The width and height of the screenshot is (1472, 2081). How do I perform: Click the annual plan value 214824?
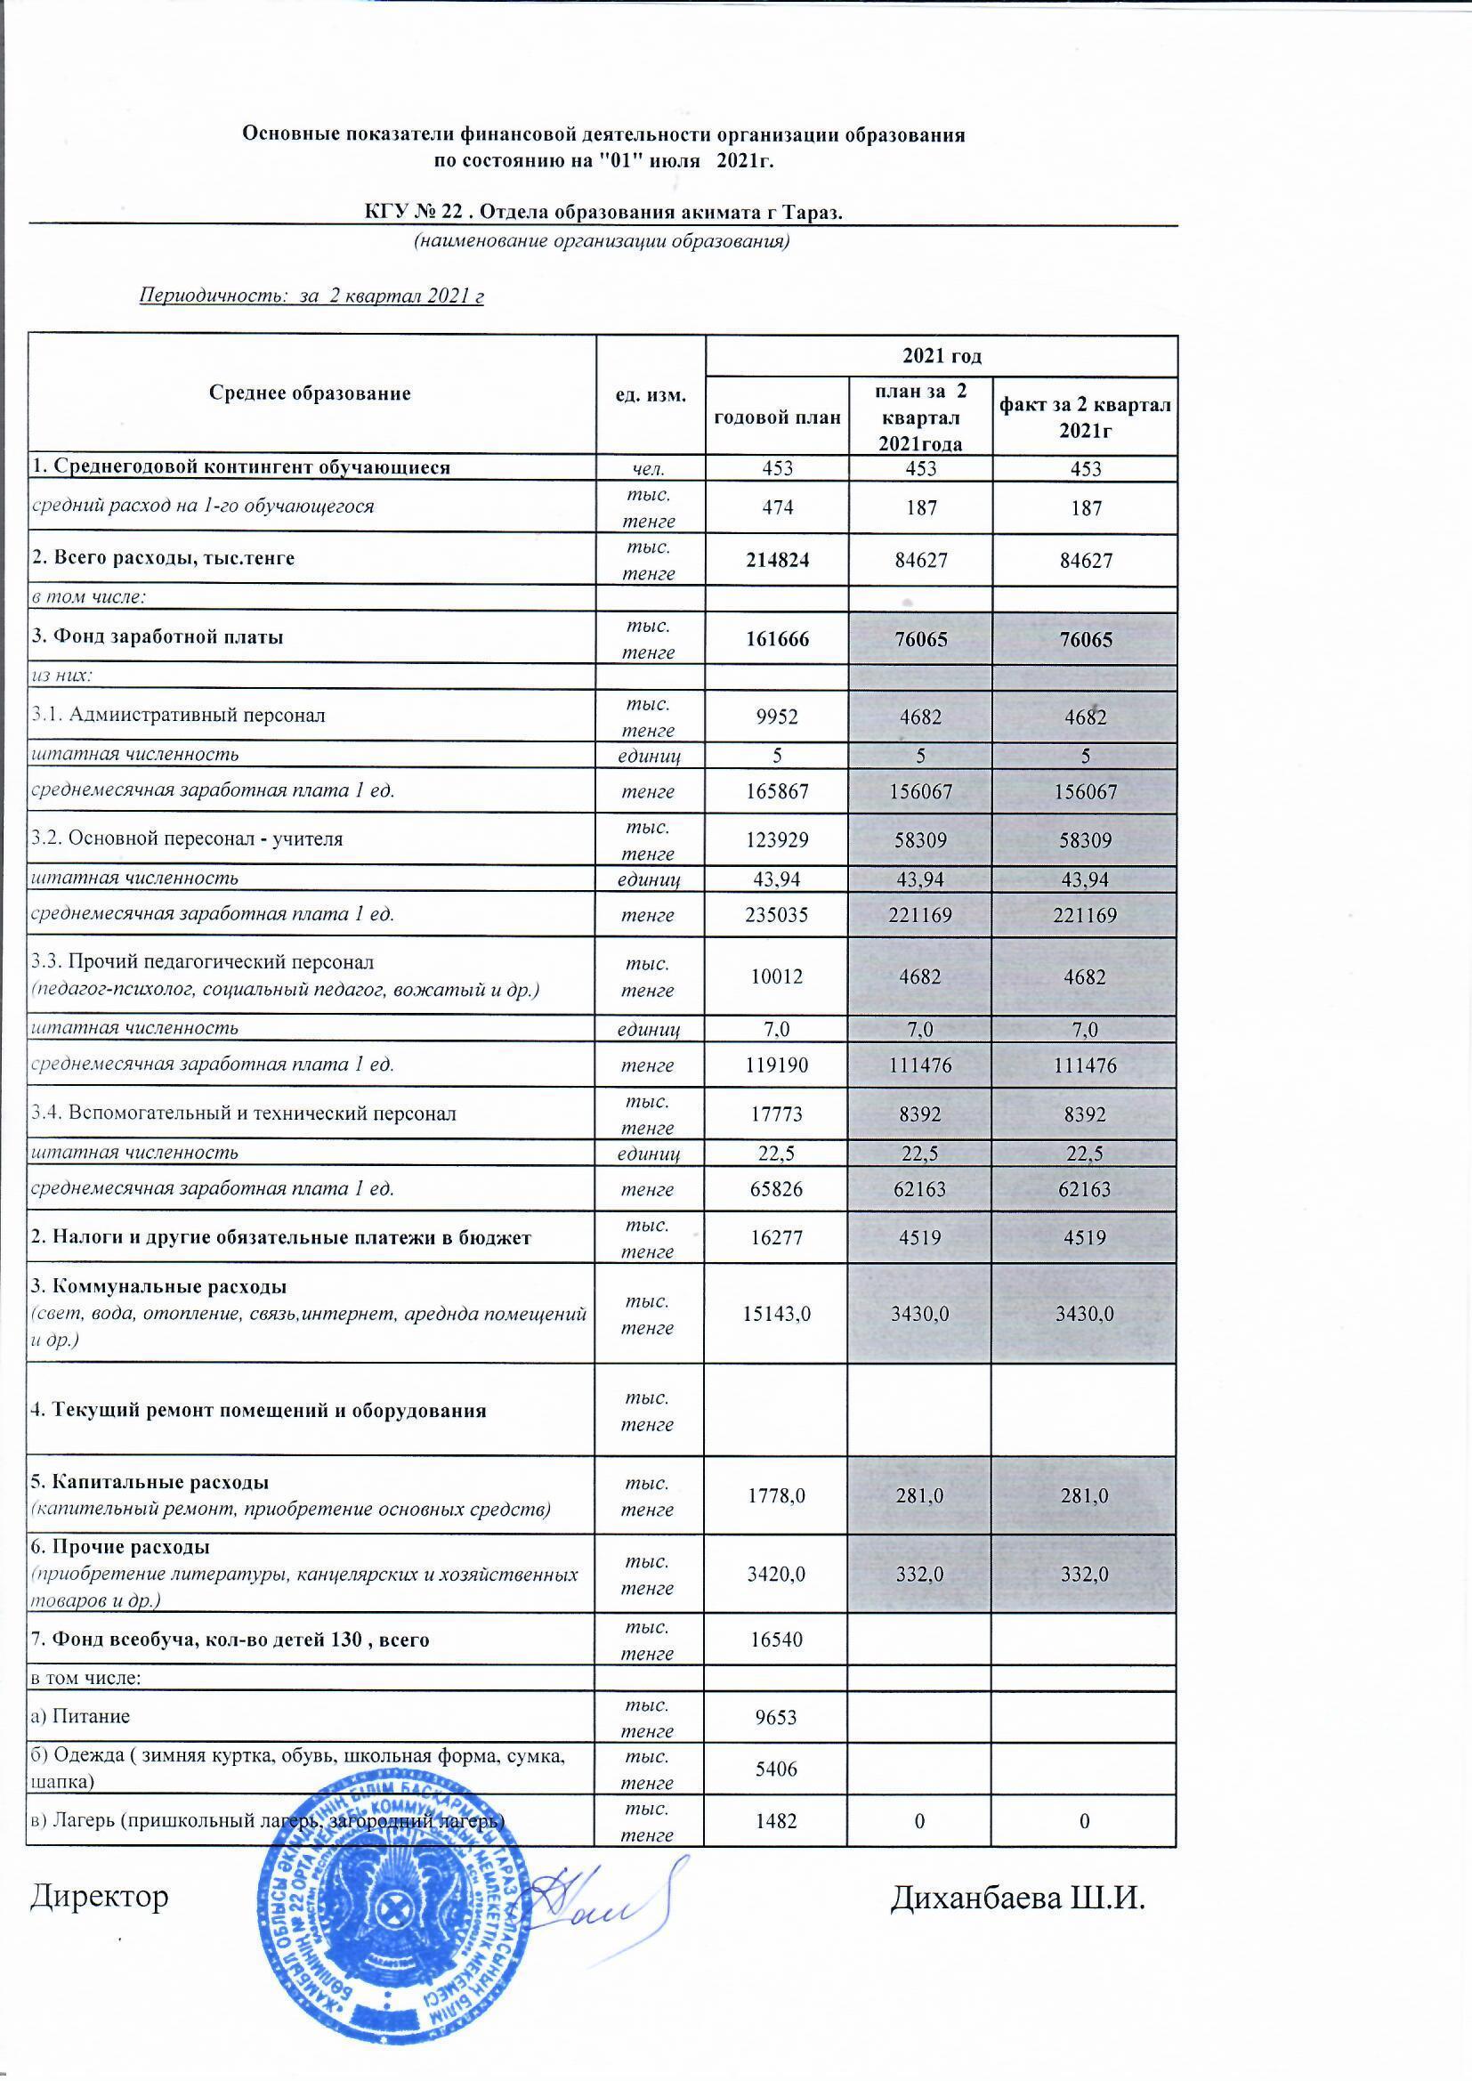click(778, 560)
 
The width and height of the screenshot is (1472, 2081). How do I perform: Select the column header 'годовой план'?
click(778, 417)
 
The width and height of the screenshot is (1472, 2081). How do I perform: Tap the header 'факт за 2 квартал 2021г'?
click(1085, 417)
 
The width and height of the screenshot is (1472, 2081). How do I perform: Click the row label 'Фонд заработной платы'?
click(156, 638)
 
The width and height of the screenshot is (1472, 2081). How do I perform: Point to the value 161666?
click(778, 639)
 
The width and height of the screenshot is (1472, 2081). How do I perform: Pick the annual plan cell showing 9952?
click(778, 717)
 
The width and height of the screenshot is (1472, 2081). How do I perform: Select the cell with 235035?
click(778, 915)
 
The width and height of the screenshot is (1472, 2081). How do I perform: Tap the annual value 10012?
click(778, 977)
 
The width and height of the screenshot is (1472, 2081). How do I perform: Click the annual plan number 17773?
click(778, 1114)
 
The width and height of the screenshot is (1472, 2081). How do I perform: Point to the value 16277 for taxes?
click(778, 1238)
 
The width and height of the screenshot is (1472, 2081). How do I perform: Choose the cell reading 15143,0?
click(778, 1315)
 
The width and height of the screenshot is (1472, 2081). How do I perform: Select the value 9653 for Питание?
click(778, 1718)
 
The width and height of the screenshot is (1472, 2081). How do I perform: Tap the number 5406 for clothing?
click(778, 1769)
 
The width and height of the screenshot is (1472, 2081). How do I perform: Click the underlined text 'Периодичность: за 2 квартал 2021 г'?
click(311, 296)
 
